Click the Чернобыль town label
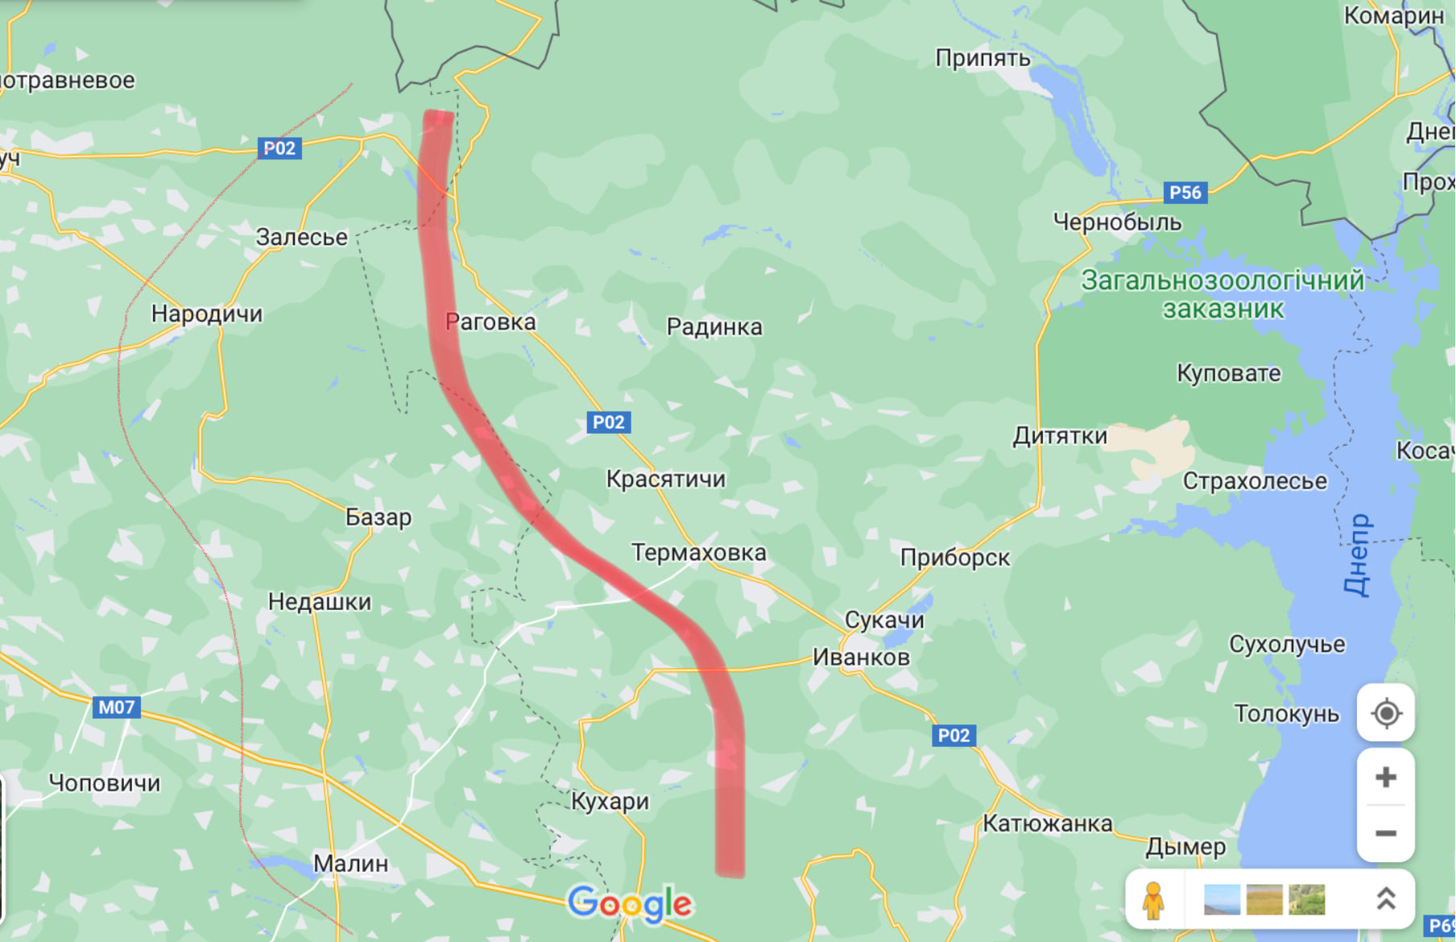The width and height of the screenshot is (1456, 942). coord(1117,222)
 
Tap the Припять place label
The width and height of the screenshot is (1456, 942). coord(982,58)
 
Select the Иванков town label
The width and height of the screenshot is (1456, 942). coord(861,657)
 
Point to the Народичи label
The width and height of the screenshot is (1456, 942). coord(207,313)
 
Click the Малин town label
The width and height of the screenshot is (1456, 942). coord(350,863)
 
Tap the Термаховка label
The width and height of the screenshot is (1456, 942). coord(698,553)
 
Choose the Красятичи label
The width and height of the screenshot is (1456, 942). coord(666,479)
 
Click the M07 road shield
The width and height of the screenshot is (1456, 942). coord(117,708)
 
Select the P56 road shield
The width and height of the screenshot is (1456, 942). coord(1185,193)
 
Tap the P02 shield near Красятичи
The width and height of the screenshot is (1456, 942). coord(608,422)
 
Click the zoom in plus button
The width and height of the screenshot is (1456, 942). coord(1385,778)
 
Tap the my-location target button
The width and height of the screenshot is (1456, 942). coord(1385,713)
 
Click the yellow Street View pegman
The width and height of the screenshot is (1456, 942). coord(1153,900)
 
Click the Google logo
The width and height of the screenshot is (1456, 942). coord(630,904)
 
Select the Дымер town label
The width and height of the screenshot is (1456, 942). coord(1185,846)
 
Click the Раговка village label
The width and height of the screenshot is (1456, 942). coord(490,322)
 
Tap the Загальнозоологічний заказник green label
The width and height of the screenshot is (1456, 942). coord(1222,294)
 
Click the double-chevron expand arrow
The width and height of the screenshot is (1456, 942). coord(1385,899)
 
